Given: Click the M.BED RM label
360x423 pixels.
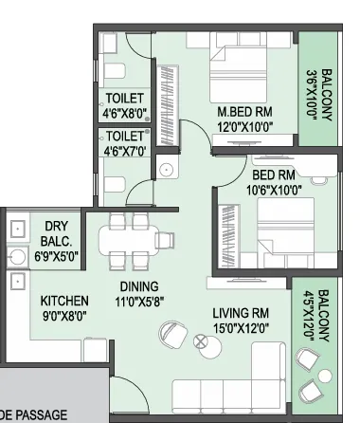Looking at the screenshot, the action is coord(244,112).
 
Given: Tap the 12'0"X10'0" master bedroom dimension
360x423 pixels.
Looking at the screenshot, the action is coord(244,127).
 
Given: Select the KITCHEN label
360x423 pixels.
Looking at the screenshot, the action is coord(64,301).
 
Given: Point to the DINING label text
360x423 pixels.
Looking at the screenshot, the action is coord(139,286).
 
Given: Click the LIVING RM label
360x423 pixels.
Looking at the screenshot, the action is coord(241,313).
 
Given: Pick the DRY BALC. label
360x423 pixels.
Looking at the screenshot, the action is coord(56,233).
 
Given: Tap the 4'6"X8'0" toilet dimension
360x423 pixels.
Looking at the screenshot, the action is coord(125,113).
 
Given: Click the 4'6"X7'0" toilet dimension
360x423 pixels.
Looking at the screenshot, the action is coord(125,151).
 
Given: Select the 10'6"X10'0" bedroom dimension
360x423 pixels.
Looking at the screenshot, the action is coord(274,190).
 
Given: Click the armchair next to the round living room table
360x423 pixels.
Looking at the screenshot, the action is coord(172,334).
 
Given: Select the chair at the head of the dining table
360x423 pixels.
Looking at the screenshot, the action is coord(165,240).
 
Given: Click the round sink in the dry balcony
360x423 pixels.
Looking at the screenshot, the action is coord(16,257).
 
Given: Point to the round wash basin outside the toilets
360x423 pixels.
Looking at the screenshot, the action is coord(167,170).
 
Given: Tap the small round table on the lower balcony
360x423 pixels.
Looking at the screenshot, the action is coord(325,376).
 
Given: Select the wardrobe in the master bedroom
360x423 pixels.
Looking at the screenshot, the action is coord(168,105).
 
